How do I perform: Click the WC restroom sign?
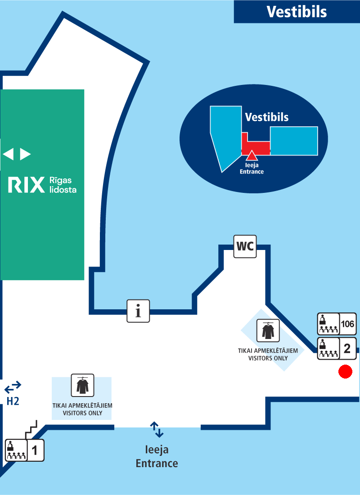pyautogui.click(x=245, y=246)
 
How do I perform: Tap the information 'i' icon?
pyautogui.click(x=138, y=311)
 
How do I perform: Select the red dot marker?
pyautogui.click(x=345, y=371)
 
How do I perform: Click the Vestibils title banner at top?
pyautogui.click(x=297, y=12)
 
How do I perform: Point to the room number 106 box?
pyautogui.click(x=348, y=324)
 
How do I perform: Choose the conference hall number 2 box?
pyautogui.click(x=347, y=348)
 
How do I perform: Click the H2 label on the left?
pyautogui.click(x=13, y=401)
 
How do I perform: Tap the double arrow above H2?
pyautogui.click(x=13, y=386)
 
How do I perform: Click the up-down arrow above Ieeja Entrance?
pyautogui.click(x=157, y=429)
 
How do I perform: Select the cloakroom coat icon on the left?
pyautogui.click(x=82, y=385)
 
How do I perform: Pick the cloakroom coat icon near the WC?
pyautogui.click(x=268, y=331)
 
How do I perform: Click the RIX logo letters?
pyautogui.click(x=27, y=185)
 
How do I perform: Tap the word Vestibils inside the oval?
pyautogui.click(x=267, y=117)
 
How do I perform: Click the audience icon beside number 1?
pyautogui.click(x=16, y=450)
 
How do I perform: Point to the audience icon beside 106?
pyautogui.click(x=328, y=324)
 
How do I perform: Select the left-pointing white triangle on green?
pyautogui.click(x=8, y=154)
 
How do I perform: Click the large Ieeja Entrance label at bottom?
pyautogui.click(x=157, y=456)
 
